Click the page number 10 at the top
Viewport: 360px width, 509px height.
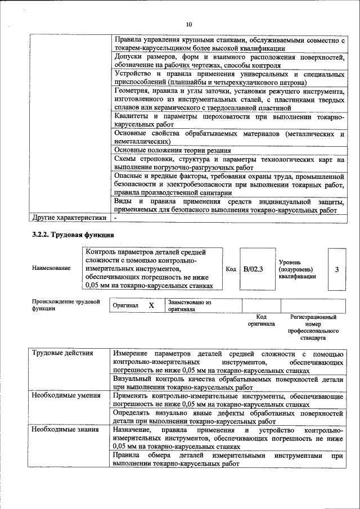click(188, 24)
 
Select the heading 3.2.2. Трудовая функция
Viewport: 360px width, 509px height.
click(73, 235)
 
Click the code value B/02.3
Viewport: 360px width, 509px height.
click(253, 269)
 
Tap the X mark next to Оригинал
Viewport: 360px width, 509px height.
click(151, 305)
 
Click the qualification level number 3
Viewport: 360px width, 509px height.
click(336, 269)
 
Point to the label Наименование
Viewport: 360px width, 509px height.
click(51, 268)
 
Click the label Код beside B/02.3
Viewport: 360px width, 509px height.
click(231, 269)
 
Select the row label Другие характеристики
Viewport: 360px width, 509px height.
click(69, 217)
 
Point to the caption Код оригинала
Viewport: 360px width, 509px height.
click(261, 321)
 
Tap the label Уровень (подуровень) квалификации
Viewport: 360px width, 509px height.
click(297, 269)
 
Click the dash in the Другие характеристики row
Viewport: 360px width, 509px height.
click(115, 217)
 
